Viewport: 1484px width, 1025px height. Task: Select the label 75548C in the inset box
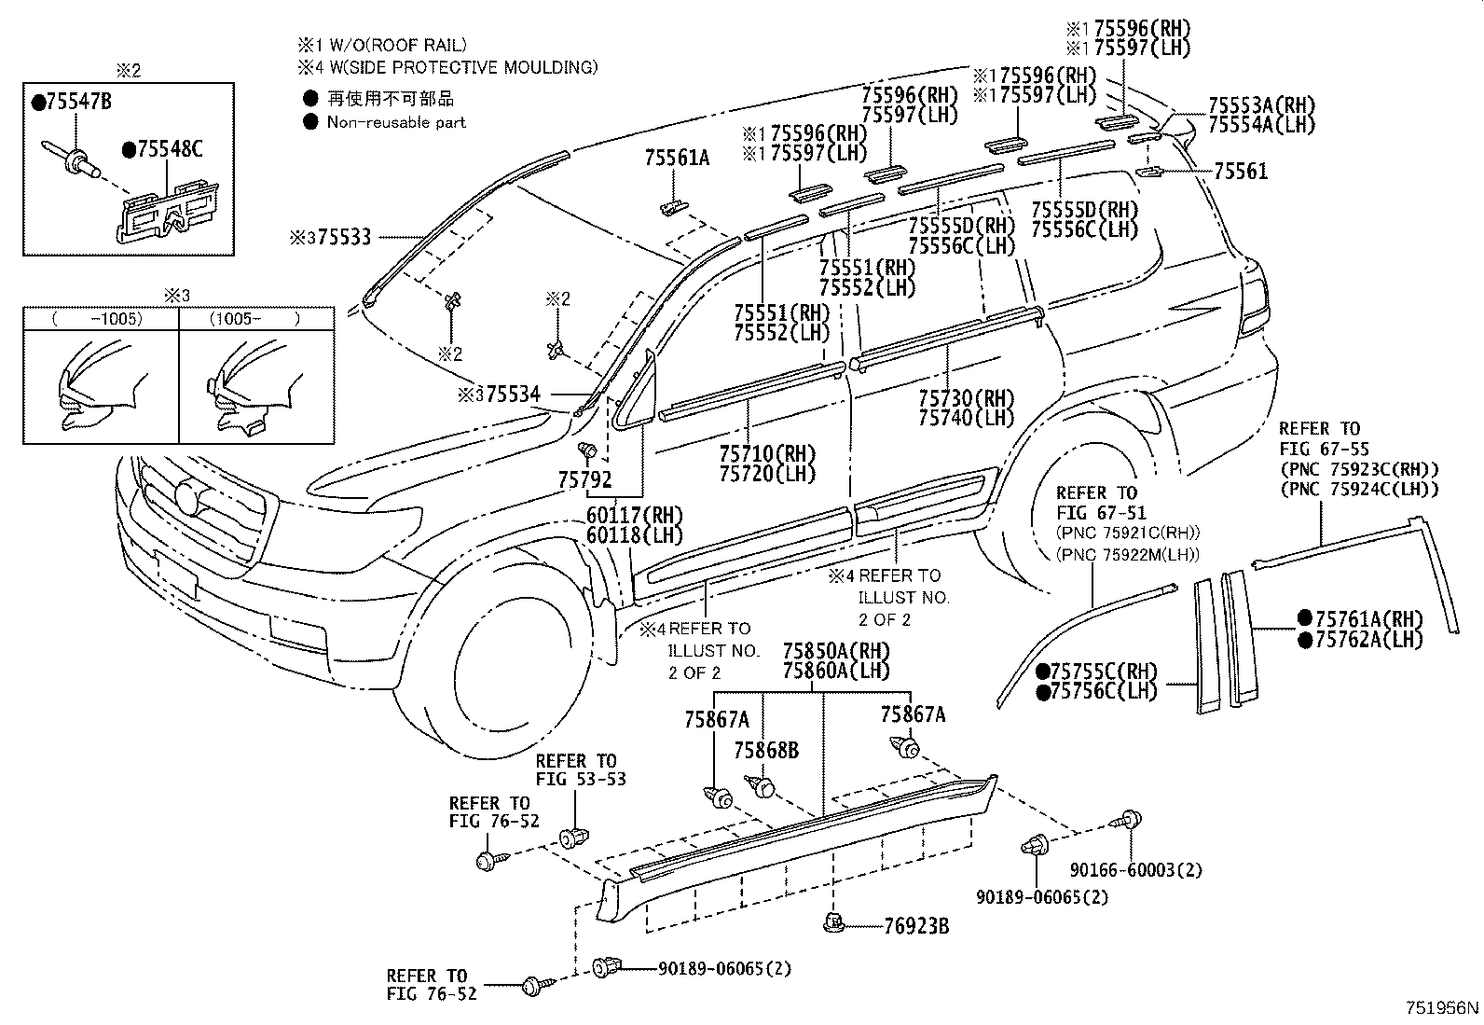169,149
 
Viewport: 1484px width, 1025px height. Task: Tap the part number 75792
584,480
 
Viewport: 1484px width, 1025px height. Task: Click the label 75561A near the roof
676,159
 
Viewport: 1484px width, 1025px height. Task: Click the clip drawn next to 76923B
834,923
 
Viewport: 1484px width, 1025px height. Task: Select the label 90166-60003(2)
1135,870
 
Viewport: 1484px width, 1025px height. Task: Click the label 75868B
765,751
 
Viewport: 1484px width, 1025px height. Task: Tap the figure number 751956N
1441,1008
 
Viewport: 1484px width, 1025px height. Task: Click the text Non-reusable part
396,122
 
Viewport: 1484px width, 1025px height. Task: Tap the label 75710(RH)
767,454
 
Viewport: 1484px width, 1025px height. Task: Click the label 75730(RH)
966,398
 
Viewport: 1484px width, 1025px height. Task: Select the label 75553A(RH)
1261,104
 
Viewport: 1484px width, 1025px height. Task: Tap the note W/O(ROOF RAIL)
392,44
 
